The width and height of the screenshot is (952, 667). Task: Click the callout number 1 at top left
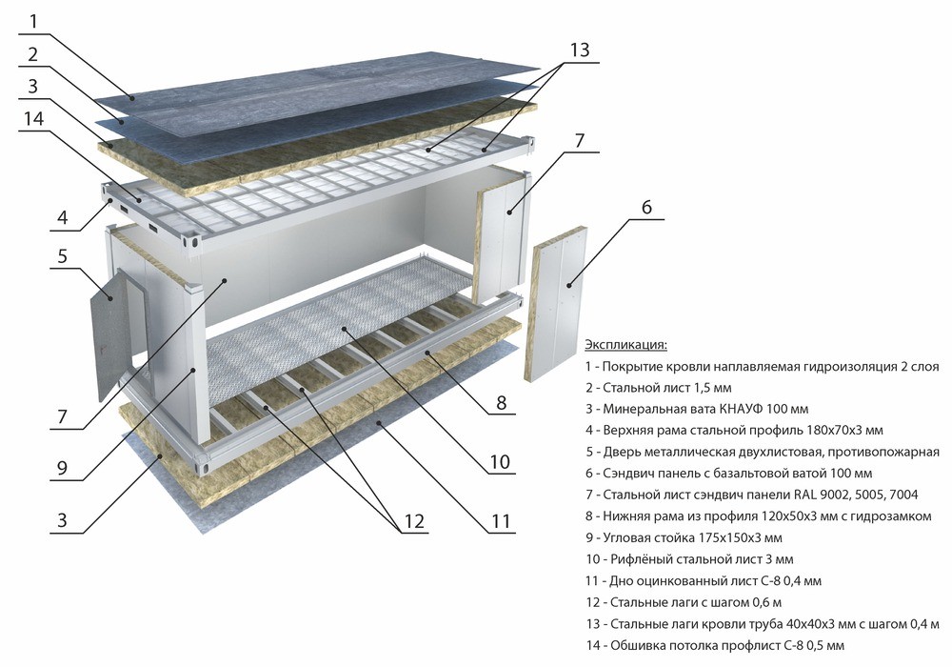pos(33,22)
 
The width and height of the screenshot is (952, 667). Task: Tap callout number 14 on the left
pos(33,118)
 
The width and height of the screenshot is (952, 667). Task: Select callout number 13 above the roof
pos(579,50)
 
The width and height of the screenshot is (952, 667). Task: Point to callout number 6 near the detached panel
pos(646,207)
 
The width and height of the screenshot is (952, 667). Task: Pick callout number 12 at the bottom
pos(413,520)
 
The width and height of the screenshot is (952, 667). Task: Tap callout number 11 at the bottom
pos(501,520)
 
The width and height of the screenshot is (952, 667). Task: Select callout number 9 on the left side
pos(62,468)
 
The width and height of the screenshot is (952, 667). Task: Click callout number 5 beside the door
pos(62,255)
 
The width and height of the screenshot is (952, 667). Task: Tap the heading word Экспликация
pos(625,345)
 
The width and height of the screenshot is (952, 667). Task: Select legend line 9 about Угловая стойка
pos(684,537)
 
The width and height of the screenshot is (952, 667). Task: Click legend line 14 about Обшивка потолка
pos(715,645)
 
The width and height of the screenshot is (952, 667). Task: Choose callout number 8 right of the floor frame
pos(501,402)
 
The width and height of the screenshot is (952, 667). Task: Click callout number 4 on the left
pos(62,217)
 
